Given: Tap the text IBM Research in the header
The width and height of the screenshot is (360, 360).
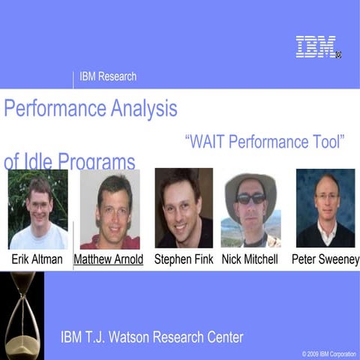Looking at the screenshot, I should coord(108,76).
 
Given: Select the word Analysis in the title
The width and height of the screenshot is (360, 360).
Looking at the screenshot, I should coord(142,109).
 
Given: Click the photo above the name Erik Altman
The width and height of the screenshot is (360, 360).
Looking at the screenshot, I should coord(38,209).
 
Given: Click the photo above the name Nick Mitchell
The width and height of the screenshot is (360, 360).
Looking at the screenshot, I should coord(250,210).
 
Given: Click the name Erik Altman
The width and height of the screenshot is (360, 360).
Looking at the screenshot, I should coord(38,259).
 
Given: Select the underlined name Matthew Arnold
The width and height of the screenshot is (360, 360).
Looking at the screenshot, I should coord(109,259).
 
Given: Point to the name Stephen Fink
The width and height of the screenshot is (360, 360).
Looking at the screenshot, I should coord(184,259).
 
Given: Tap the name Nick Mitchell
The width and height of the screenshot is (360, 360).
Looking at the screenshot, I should coord(250,259).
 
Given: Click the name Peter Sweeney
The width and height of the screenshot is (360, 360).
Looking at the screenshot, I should coord(325,259).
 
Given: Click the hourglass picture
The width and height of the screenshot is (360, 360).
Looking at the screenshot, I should coord(22,315).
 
